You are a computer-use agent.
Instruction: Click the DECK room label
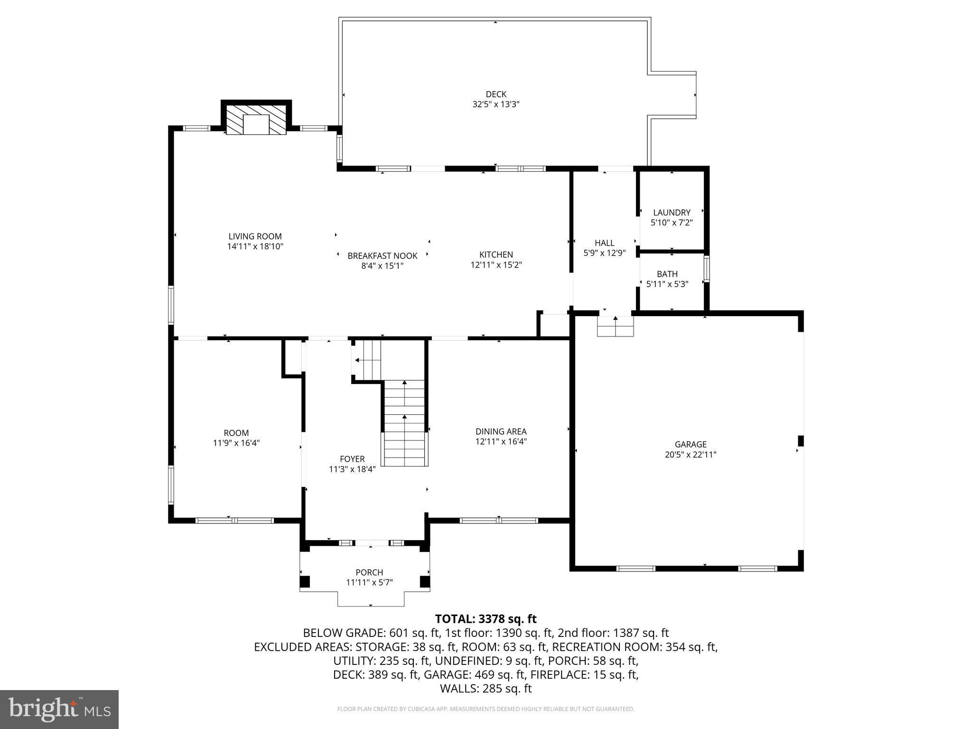pos(495,94)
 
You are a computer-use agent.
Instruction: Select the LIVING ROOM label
pos(255,236)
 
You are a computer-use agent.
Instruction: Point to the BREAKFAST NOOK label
pos(382,256)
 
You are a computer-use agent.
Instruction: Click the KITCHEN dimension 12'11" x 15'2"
pos(496,265)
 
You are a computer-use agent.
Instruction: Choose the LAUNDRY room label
pos(671,213)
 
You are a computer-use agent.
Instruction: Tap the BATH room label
pos(667,274)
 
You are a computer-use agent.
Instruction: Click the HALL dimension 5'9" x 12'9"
pos(604,253)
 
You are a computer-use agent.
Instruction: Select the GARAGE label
pos(690,444)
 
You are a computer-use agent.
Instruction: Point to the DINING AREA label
pos(501,431)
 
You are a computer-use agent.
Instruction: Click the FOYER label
pos(352,459)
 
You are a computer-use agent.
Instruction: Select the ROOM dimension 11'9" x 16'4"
pos(236,443)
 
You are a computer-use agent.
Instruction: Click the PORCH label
pos(369,572)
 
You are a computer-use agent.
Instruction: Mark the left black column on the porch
pos(305,581)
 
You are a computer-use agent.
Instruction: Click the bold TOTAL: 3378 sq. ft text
pos(486,619)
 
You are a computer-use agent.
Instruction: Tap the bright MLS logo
pos(59,710)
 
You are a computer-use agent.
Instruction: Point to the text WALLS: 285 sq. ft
pos(486,689)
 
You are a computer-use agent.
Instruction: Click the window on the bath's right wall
pos(706,269)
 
